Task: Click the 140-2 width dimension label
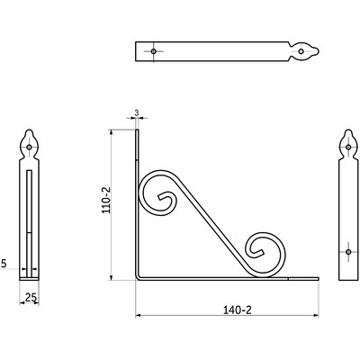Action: pos(237,310)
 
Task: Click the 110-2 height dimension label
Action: pos(106,200)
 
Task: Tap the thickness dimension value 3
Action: pos(137,112)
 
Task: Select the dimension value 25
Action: pos(31,297)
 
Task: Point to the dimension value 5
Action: pos(4,264)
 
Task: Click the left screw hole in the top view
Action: pos(154,51)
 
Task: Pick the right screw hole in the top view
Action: pos(301,51)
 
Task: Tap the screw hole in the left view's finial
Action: pos(29,147)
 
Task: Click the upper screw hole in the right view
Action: pos(348,147)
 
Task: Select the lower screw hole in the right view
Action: pos(348,252)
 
